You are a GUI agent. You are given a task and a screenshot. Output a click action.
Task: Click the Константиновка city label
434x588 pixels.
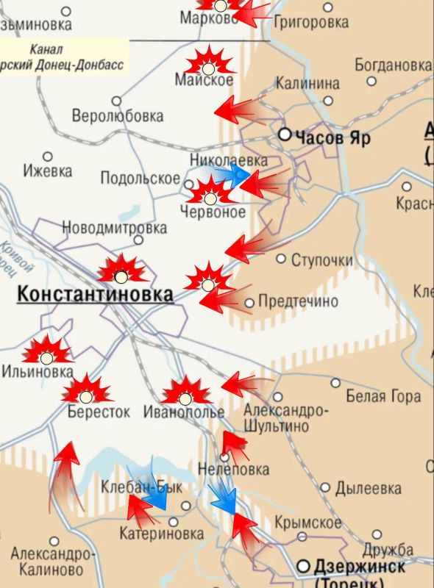95,295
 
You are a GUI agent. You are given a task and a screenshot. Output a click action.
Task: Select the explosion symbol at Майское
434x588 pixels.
209,61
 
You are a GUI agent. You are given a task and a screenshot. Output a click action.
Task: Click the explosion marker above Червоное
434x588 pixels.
210,192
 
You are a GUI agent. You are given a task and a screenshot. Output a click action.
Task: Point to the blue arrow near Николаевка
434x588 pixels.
233,175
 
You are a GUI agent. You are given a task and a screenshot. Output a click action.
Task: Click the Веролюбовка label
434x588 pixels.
118,116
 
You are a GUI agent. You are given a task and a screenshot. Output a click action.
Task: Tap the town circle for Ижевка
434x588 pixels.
48,157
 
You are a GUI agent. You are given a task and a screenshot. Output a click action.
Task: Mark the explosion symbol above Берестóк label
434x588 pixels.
86,390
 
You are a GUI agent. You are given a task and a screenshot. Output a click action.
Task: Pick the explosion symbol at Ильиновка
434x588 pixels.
48,353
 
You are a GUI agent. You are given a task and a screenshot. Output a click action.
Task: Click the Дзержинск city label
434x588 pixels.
359,567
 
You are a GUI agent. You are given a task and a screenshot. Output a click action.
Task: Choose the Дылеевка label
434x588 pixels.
368,488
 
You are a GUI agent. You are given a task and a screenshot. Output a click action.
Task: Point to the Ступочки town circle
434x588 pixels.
280,259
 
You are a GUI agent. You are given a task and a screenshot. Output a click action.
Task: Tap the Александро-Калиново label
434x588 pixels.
52,561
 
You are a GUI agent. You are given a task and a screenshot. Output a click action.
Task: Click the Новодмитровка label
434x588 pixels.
114,227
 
